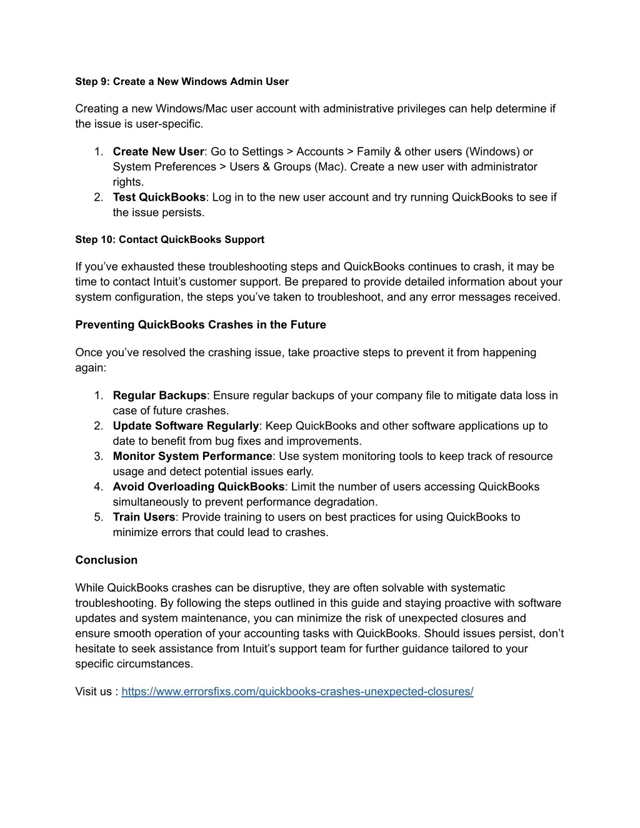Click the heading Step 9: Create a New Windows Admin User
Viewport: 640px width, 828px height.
(182, 82)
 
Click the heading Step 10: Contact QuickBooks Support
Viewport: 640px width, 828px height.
(169, 240)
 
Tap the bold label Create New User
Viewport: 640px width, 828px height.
(158, 152)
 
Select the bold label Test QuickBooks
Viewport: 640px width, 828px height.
(159, 197)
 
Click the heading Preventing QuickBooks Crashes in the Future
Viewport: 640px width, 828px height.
(201, 325)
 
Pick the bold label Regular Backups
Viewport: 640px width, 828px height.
(159, 396)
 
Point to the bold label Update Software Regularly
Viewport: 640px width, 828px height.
(186, 426)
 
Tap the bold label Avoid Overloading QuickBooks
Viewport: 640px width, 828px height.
(199, 487)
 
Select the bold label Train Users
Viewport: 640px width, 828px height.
(144, 517)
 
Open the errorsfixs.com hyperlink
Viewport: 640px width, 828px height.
(297, 692)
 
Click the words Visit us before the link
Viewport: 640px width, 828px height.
(94, 692)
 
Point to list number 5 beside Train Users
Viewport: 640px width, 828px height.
(99, 517)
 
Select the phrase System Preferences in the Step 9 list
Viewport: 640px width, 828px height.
(164, 167)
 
